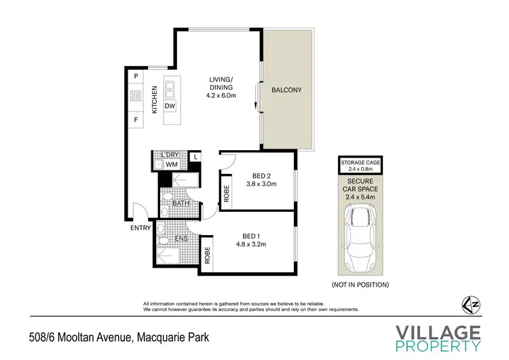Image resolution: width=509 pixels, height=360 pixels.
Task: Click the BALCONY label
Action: pos(286,90)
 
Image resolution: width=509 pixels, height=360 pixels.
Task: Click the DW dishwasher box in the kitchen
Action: pos(170,106)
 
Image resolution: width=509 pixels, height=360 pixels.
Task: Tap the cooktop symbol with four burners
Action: pos(136,96)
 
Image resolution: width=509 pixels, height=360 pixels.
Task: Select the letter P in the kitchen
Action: pos(136,75)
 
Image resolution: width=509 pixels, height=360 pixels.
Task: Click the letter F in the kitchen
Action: pos(136,120)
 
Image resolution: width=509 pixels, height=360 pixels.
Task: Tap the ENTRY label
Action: pos(140,228)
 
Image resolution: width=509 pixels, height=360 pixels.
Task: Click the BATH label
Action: pos(180,203)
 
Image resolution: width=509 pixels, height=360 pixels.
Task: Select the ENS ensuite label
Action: pos(181,238)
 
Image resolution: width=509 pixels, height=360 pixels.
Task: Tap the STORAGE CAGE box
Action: pos(360,164)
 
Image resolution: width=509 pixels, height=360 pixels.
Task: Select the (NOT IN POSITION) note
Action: pos(360,285)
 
